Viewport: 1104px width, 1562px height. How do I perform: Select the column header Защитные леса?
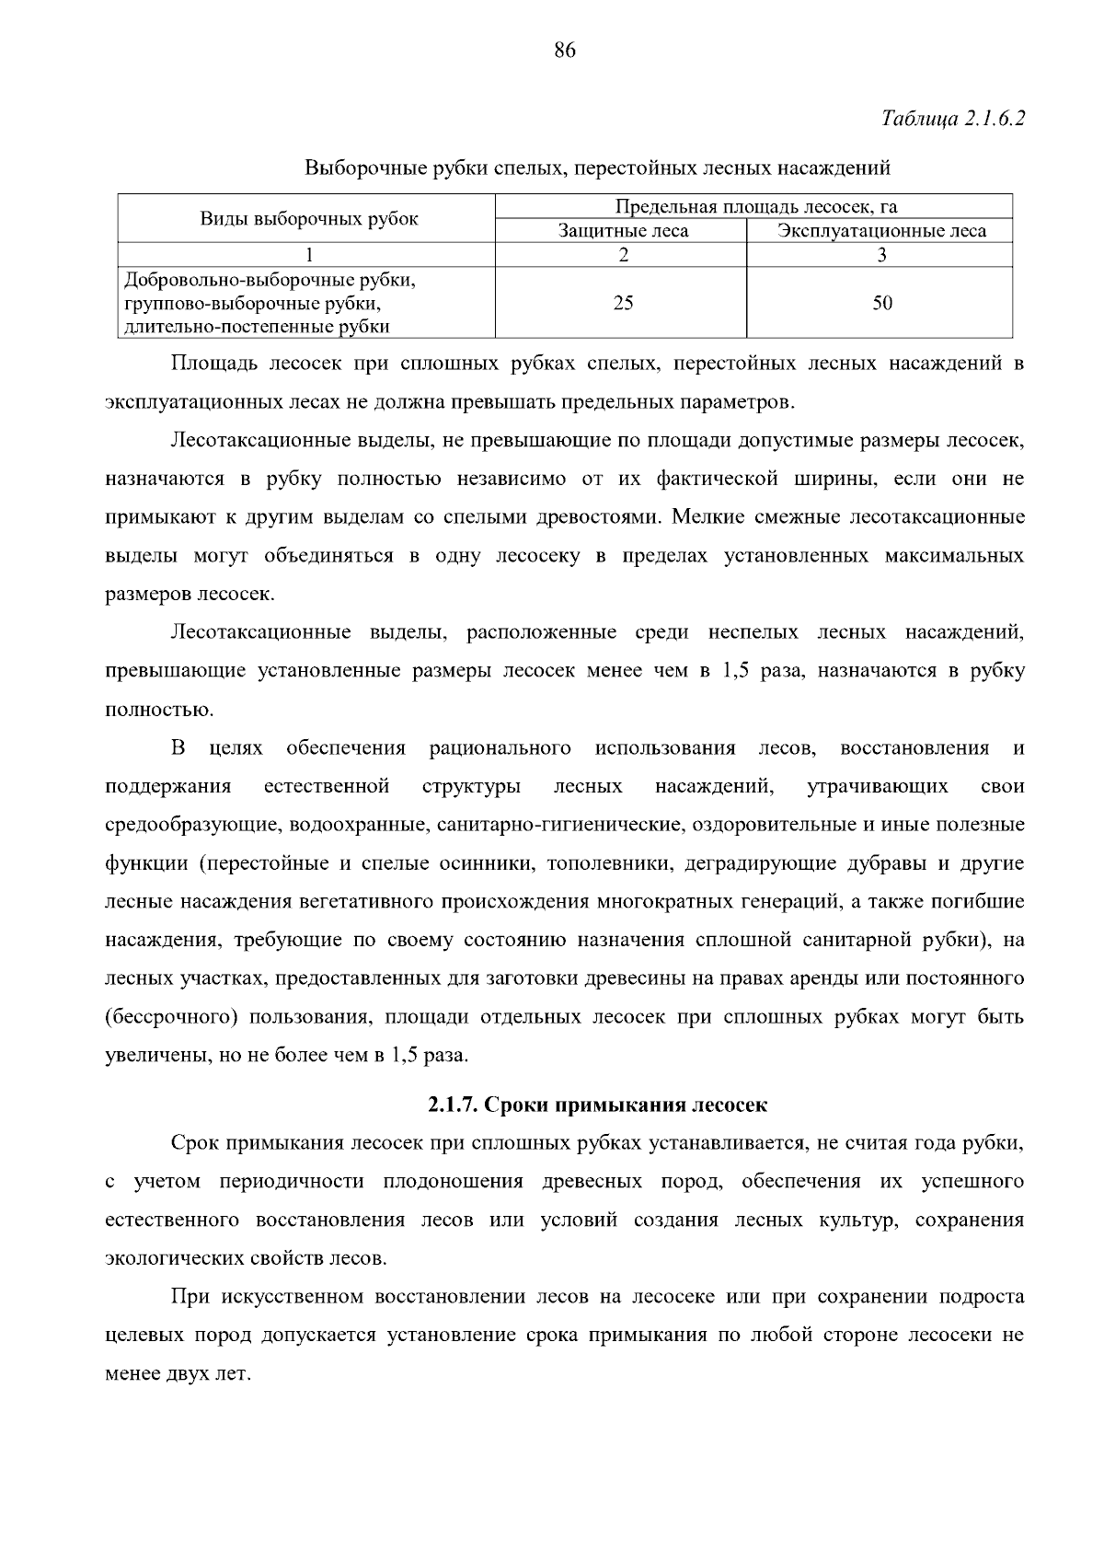coord(623,231)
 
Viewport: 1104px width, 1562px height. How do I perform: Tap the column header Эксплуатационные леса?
coord(881,231)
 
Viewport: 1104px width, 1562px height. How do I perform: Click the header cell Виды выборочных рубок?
coord(309,219)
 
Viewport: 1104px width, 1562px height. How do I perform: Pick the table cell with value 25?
coord(623,303)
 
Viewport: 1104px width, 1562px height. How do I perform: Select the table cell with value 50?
coord(881,303)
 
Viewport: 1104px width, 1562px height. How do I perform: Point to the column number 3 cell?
coord(881,256)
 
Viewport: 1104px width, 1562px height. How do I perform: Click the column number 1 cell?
coord(309,256)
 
